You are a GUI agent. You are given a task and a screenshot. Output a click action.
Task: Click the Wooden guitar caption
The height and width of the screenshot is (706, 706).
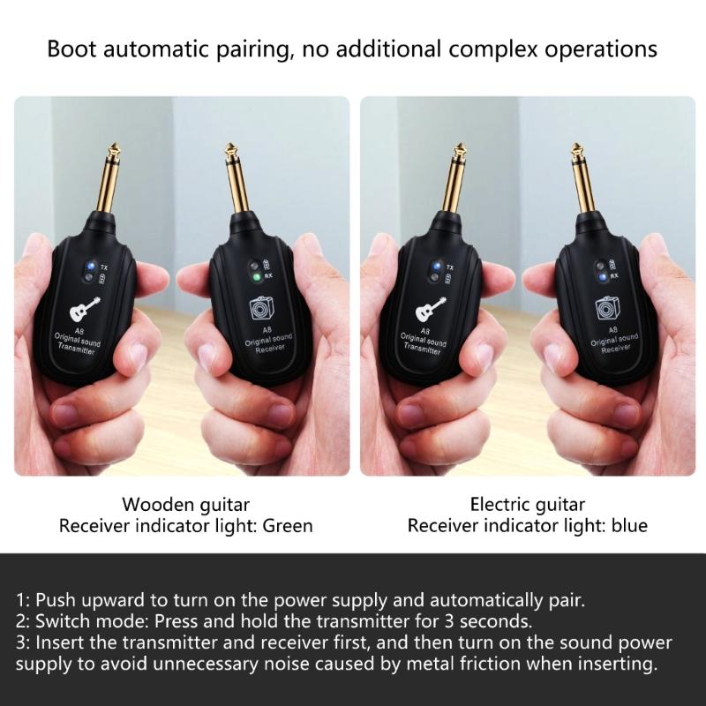(185, 505)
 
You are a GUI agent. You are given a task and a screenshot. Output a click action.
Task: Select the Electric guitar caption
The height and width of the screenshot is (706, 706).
(528, 505)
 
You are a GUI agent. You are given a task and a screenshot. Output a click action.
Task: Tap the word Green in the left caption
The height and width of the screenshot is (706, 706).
(289, 526)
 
